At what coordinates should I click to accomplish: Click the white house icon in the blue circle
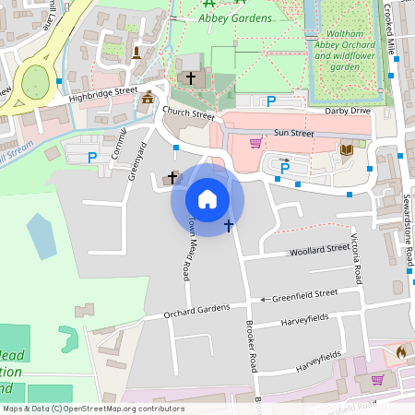[x=207, y=198]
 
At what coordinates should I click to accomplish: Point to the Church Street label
[x=188, y=114]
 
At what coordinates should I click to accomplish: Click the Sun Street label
[x=294, y=134]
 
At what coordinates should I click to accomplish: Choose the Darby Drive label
[x=347, y=111]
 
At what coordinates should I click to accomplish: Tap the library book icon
[x=347, y=149]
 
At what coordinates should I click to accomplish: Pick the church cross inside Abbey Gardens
[x=191, y=78]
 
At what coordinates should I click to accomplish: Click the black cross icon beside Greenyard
[x=172, y=175]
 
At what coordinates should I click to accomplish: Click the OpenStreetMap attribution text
[x=94, y=408]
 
